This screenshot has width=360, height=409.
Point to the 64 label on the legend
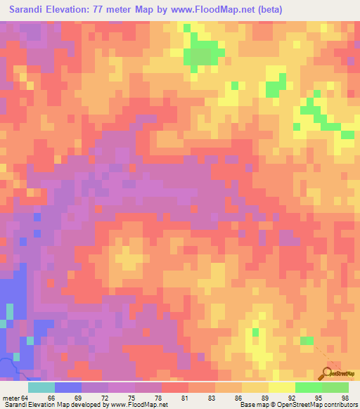28,398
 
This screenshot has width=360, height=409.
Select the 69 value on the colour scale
82,398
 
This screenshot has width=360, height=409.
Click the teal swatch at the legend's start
41,387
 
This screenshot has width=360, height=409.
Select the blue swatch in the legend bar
68,387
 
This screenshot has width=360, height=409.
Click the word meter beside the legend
12,398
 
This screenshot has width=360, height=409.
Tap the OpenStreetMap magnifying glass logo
326,373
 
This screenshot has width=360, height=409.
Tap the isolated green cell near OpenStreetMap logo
307,341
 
